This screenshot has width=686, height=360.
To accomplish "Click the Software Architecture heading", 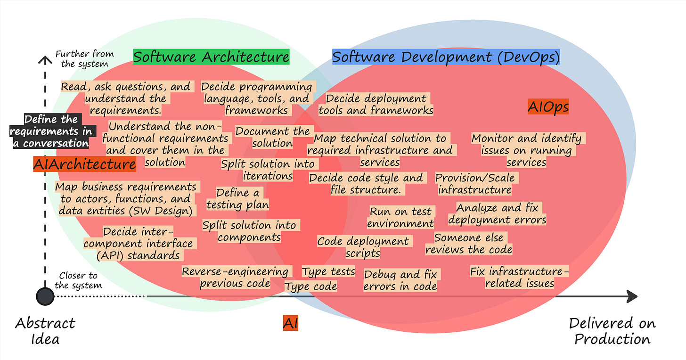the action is [x=211, y=57].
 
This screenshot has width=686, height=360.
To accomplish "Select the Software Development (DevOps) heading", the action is [x=446, y=57].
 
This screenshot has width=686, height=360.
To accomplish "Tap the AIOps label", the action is [x=548, y=107].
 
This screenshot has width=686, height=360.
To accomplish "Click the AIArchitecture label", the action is [x=85, y=164].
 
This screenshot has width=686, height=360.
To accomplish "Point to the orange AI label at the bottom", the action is [x=291, y=323].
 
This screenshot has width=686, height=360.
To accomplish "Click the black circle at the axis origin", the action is [x=45, y=296].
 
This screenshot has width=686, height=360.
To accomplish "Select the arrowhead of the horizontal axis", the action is [x=631, y=296].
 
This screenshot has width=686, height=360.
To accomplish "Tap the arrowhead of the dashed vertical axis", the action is [x=45, y=59].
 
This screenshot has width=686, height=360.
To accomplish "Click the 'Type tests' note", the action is [x=328, y=271].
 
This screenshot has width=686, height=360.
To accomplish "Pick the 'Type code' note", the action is [x=311, y=286].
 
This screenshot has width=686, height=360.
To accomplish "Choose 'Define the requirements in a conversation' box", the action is [x=51, y=131].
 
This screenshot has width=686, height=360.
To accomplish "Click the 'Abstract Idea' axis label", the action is [x=45, y=331].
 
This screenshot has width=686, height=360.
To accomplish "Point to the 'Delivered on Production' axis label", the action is [x=612, y=331].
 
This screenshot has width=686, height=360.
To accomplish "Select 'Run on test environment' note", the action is [x=400, y=217].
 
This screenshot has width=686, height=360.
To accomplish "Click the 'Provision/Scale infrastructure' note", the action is [x=475, y=184].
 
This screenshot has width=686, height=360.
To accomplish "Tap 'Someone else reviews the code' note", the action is [x=469, y=243].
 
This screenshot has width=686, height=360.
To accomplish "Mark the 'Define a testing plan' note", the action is [x=238, y=198].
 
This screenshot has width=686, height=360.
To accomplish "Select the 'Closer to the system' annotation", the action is [x=78, y=280].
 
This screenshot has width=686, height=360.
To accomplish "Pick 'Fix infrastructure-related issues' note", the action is [x=520, y=277].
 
